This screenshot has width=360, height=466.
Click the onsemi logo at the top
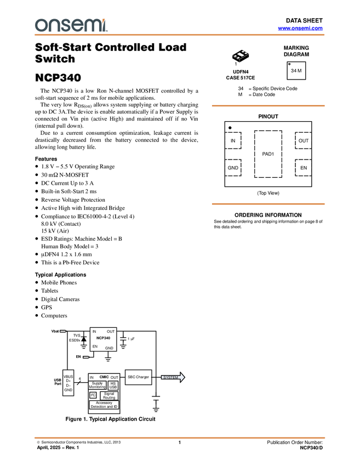[x=71, y=25]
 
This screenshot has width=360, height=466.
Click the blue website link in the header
[x=300, y=29]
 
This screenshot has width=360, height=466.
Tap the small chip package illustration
[x=240, y=55]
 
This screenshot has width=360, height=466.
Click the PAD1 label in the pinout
[x=267, y=154]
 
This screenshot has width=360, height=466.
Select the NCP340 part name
[x=103, y=338]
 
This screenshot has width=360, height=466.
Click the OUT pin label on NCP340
[x=111, y=332]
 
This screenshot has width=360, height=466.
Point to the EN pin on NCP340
[x=95, y=346]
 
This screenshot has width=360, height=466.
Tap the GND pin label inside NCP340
[x=109, y=348]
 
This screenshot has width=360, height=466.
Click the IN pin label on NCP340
[x=94, y=332]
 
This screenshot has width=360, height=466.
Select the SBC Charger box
[x=138, y=377]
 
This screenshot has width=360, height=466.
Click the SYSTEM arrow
[x=173, y=377]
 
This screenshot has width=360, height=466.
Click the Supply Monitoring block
[x=97, y=385]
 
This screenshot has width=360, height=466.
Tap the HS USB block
[x=113, y=385]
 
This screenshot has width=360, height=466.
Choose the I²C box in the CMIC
[x=93, y=395]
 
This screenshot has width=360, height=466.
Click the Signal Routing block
[x=109, y=395]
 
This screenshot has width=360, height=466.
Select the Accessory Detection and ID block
[x=104, y=405]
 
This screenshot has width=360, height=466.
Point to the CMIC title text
[x=104, y=377]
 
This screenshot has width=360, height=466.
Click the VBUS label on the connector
[x=68, y=377]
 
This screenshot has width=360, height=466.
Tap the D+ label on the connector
[x=68, y=381]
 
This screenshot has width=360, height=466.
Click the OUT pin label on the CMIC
[x=114, y=378]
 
